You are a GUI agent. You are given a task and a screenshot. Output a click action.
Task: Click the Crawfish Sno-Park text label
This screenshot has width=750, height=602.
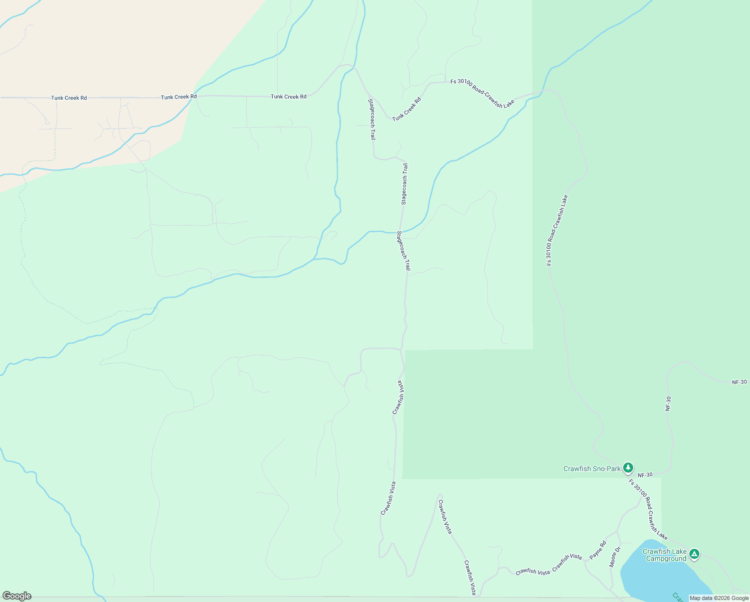coord(592,469)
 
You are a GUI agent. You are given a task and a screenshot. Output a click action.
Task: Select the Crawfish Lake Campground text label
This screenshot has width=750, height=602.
coord(664,555)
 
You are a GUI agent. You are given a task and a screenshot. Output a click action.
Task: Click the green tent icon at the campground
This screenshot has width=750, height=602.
coord(694,554)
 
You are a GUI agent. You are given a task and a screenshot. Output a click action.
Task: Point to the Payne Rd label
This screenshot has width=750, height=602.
coord(598,550)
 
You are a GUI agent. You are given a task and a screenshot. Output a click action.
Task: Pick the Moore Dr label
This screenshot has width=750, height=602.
coord(615,557)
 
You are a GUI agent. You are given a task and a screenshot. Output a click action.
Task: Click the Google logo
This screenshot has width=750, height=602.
coord(17,596)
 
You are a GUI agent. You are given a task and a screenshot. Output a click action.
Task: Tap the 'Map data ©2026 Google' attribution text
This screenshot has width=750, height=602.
coord(719,598)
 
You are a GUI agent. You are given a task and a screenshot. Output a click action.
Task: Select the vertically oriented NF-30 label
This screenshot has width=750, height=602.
coord(668,404)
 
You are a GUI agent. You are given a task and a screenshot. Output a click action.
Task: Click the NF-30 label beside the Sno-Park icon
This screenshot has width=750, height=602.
coord(645,475)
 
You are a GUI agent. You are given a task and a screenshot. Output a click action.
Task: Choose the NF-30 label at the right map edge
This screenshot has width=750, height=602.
coord(739,382)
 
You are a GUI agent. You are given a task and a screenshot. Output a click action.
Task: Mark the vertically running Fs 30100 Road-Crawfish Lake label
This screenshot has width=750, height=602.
coord(557,230)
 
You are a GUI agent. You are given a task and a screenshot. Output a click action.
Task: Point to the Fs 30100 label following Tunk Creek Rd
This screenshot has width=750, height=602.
coord(482,93)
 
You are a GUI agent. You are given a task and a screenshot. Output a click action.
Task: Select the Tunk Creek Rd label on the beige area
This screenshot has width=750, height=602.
coord(69,98)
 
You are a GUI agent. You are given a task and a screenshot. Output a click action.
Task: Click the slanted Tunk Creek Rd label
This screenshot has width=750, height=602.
coord(406,109)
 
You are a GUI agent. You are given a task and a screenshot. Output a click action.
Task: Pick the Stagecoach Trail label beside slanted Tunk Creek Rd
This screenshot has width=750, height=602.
coord(372,119)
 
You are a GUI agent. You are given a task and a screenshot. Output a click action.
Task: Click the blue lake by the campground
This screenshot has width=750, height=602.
coord(657,577)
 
